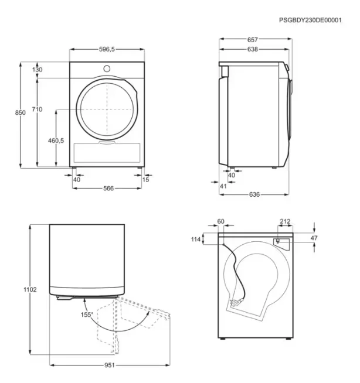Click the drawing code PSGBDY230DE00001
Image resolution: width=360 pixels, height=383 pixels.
coord(310,20)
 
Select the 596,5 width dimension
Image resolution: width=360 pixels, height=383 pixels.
coord(107,49)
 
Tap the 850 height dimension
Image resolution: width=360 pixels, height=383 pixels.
coord(20,112)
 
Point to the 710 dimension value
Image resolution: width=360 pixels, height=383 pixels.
coord(37,109)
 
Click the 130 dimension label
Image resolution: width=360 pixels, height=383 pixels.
coord(37,70)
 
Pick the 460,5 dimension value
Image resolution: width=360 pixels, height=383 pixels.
coord(56,141)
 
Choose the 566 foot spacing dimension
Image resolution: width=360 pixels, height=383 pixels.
coord(108,188)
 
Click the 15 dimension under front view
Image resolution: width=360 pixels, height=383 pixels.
coord(145,180)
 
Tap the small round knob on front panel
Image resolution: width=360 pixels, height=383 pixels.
coord(107,69)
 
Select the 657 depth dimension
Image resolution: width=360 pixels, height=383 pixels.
coord(252,40)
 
